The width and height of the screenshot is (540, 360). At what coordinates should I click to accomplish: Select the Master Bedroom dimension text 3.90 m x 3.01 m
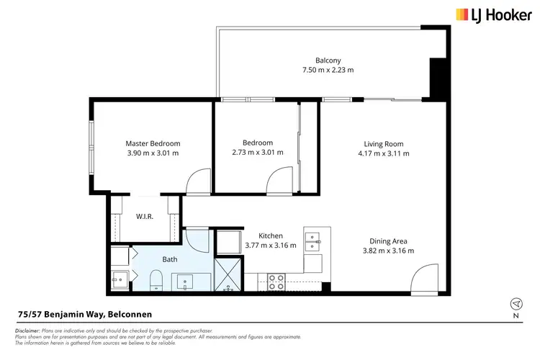(153, 153)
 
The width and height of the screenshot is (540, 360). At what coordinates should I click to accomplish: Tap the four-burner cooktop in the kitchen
(276, 282)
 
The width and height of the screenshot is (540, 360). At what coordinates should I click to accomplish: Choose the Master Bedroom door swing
(197, 184)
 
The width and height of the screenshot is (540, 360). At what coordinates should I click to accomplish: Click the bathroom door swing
(197, 240)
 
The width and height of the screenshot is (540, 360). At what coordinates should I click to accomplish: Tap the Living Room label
(384, 143)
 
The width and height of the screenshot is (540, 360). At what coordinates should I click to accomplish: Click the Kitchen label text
(271, 235)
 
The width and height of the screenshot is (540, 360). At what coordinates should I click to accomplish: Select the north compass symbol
(516, 304)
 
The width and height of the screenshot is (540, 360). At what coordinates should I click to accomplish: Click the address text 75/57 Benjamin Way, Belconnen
(85, 314)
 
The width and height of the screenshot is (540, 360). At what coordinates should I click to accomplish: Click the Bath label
(169, 258)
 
